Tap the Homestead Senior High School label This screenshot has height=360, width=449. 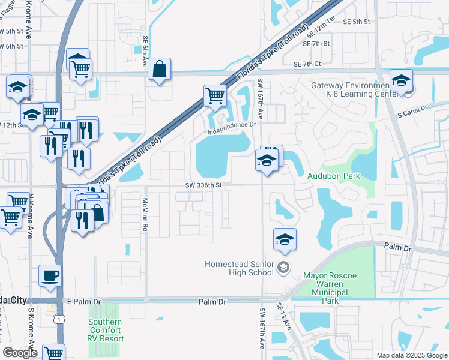(240, 268)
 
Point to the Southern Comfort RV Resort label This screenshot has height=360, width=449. (105, 331)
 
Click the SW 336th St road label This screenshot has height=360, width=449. (204, 185)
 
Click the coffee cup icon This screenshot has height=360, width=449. (50, 275)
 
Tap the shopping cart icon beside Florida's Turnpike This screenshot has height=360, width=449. (214, 94)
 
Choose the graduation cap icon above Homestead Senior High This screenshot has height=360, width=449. (285, 239)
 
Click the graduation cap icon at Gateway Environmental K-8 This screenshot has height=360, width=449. (401, 80)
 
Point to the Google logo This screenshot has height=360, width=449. (20, 353)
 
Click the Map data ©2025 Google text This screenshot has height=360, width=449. (412, 355)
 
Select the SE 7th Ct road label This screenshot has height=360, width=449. (307, 64)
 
